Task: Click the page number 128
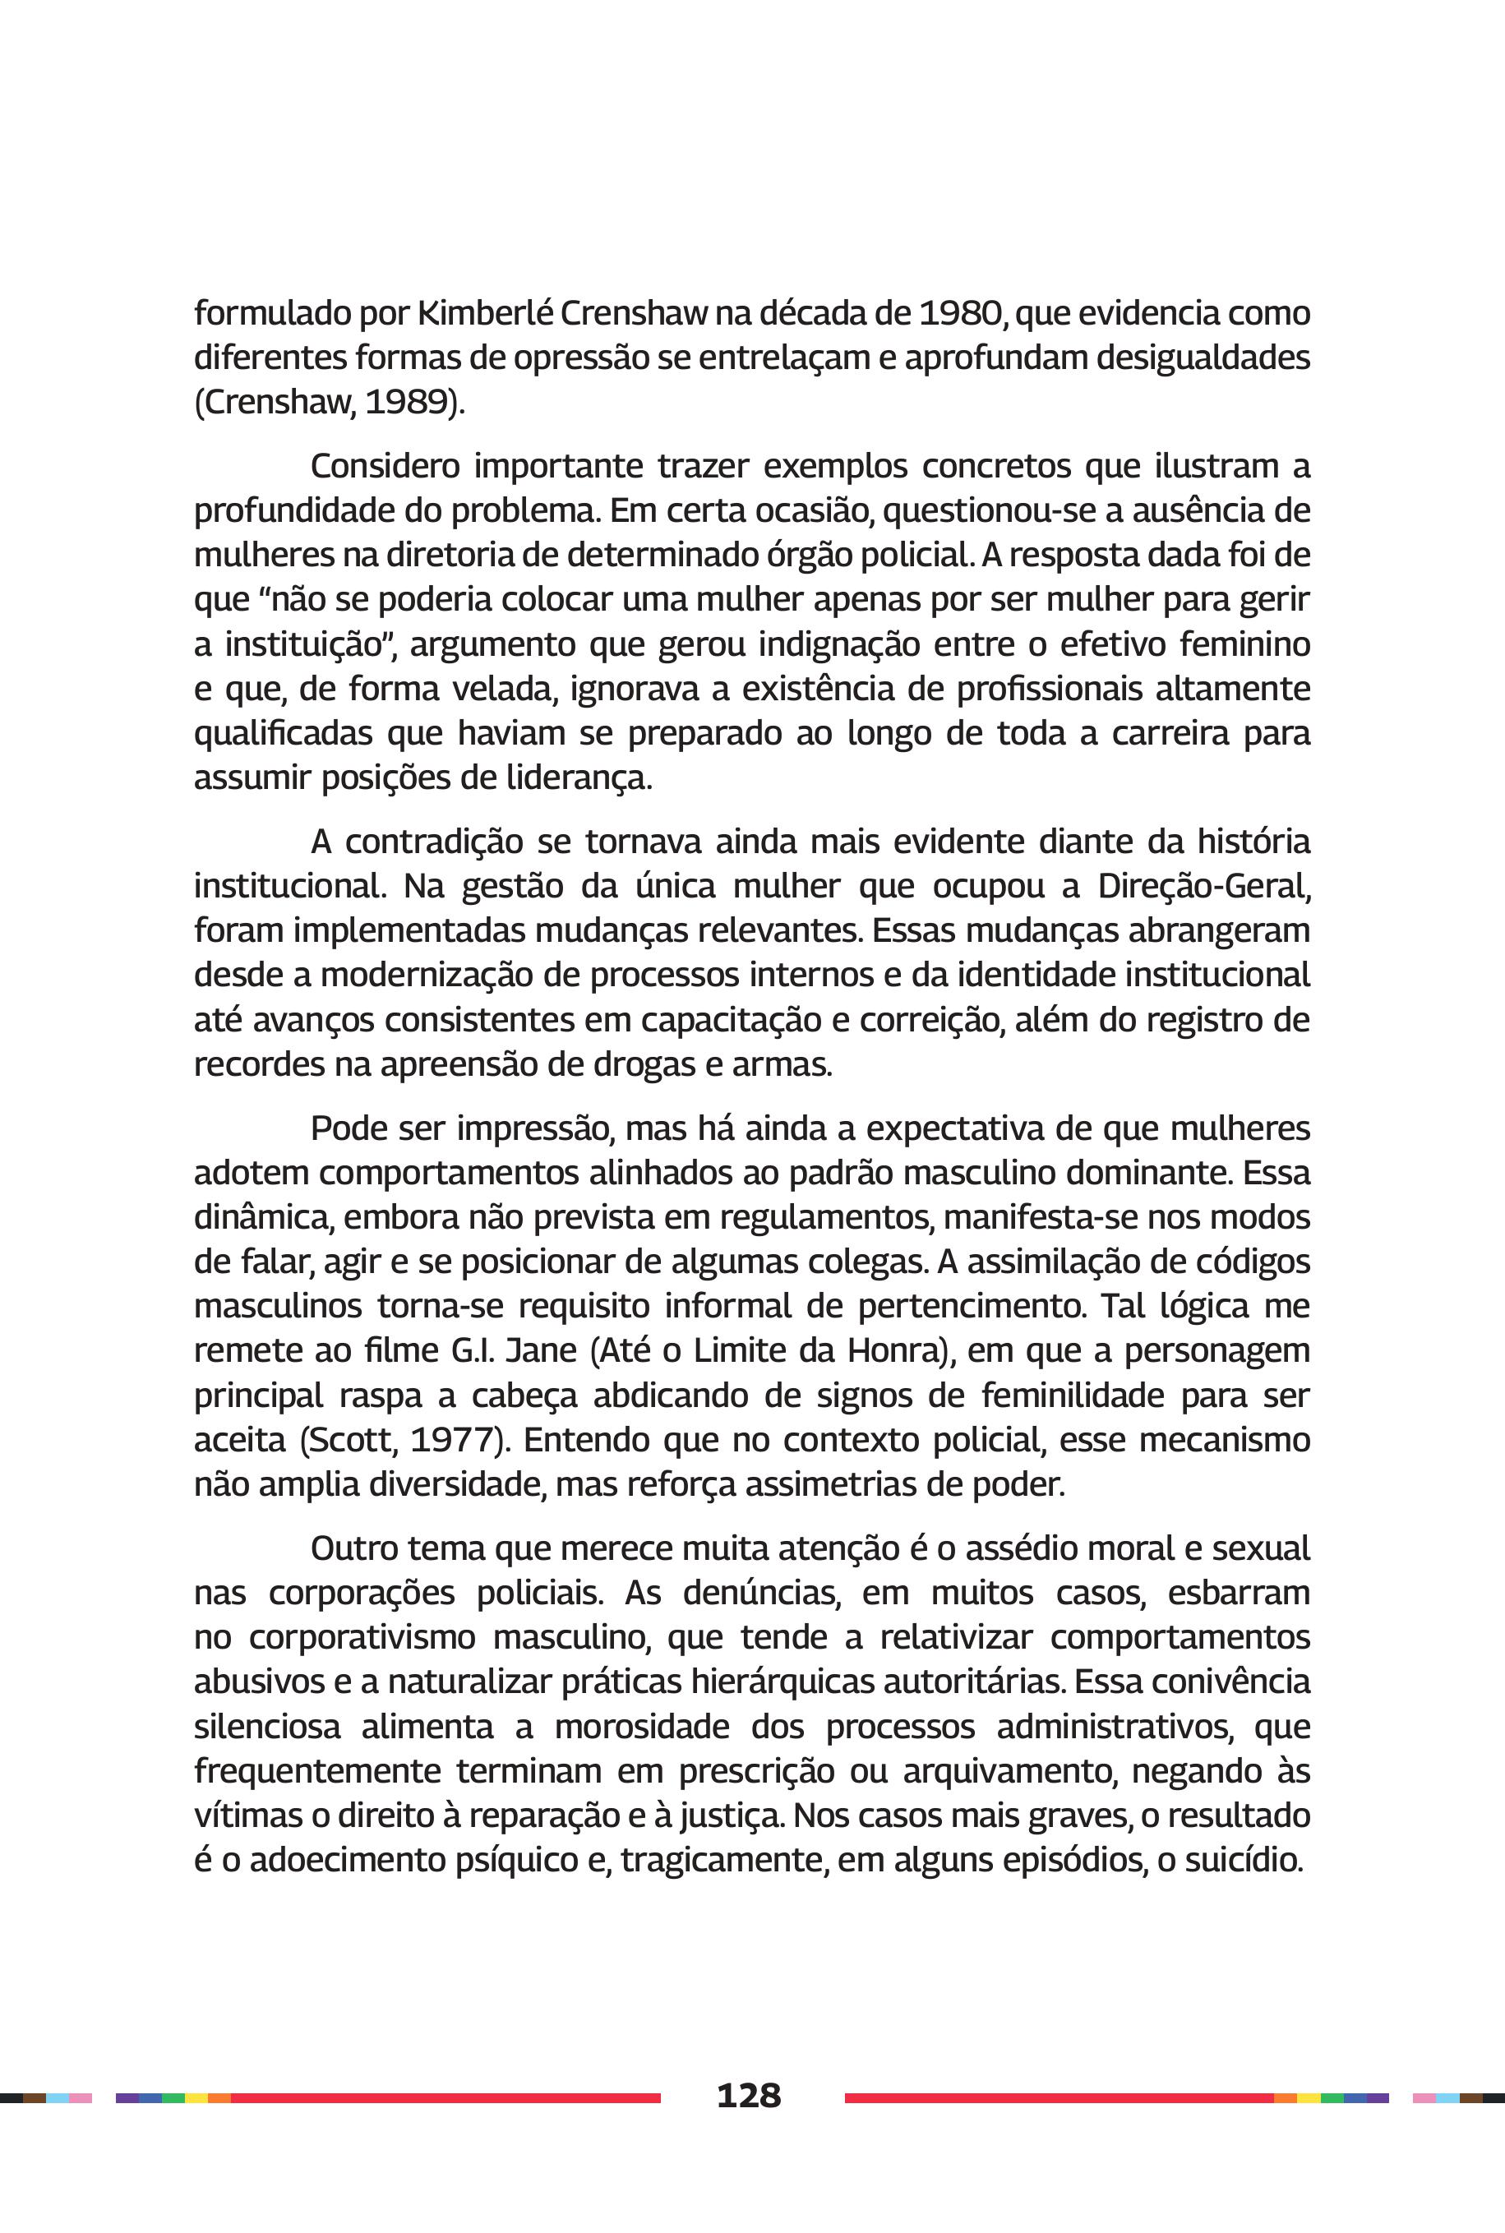[x=749, y=2095]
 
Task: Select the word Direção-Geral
[x=1203, y=886]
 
